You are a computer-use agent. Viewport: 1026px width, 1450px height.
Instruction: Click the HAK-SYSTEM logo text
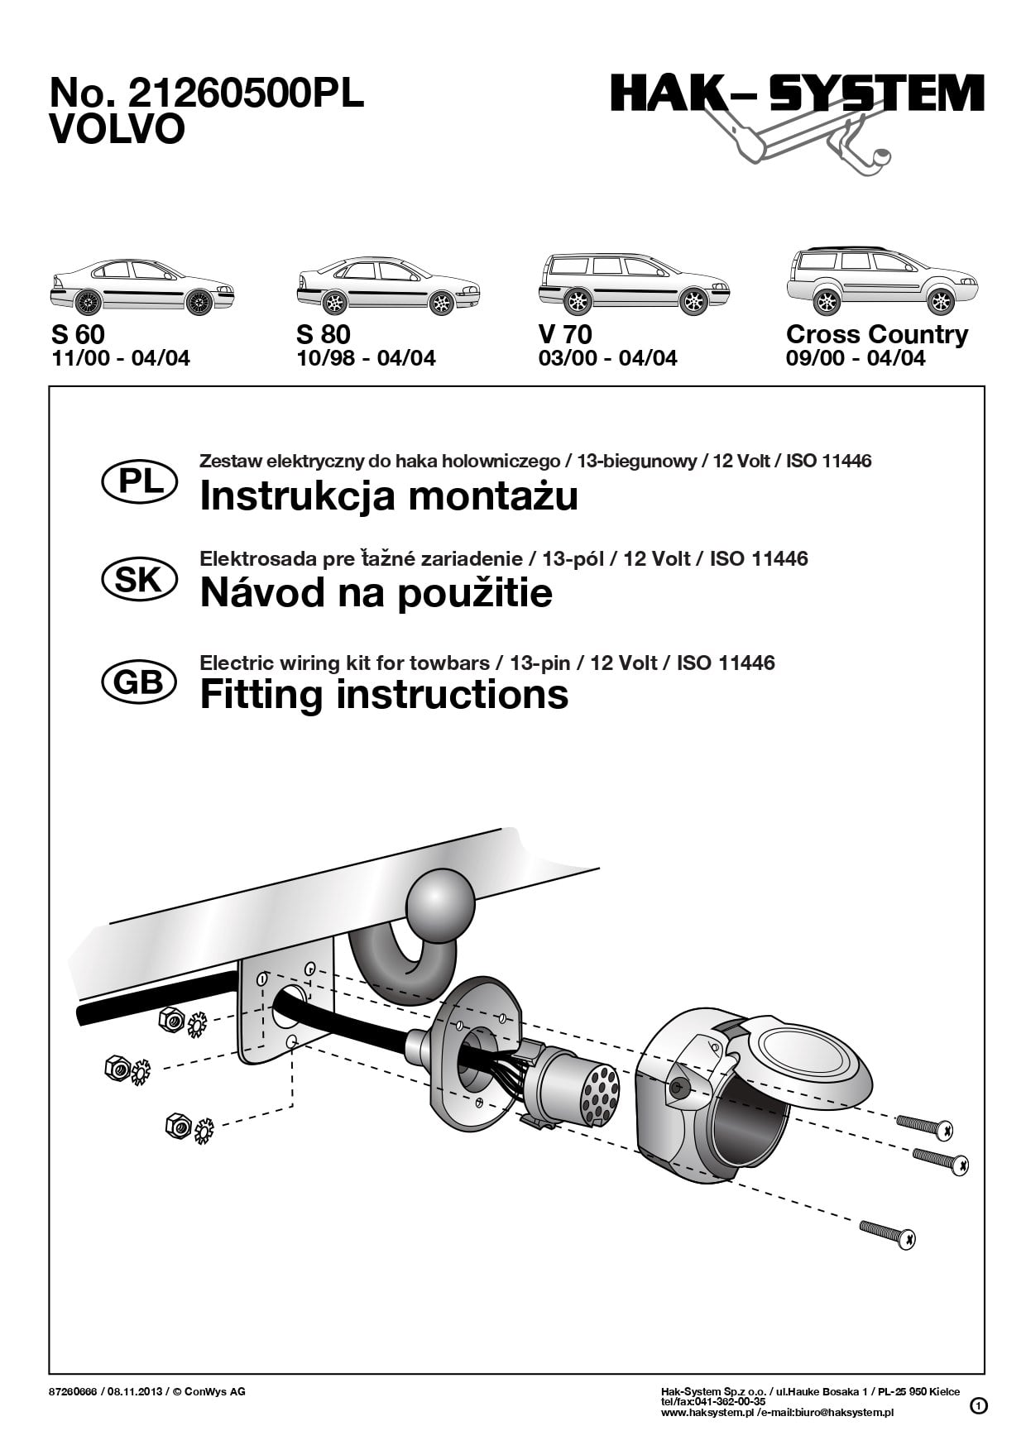click(797, 93)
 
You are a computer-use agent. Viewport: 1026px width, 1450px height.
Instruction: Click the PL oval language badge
click(139, 482)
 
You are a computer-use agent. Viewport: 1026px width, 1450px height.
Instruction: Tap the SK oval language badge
click(139, 580)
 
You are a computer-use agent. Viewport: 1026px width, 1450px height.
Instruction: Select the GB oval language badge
click(139, 682)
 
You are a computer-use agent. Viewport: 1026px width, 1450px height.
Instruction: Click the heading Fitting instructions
click(384, 695)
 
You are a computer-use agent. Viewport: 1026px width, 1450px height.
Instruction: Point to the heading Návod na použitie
click(376, 593)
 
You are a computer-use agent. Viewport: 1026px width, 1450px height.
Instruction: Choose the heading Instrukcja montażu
click(389, 496)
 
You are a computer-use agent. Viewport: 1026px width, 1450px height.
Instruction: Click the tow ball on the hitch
click(441, 903)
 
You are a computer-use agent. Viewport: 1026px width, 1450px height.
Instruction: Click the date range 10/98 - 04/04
click(366, 358)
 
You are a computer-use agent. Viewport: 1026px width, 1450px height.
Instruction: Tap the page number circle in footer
click(978, 1405)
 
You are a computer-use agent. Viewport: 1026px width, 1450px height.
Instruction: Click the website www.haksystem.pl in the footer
click(707, 1413)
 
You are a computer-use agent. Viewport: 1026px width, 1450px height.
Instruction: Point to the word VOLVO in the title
click(117, 131)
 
